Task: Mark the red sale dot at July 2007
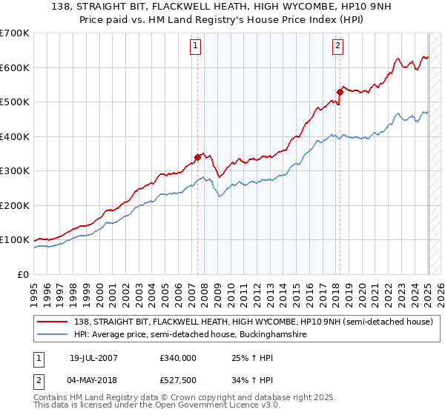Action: tap(198, 157)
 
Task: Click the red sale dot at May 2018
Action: tap(340, 93)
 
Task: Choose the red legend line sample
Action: tap(52, 322)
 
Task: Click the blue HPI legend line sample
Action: tap(52, 335)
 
